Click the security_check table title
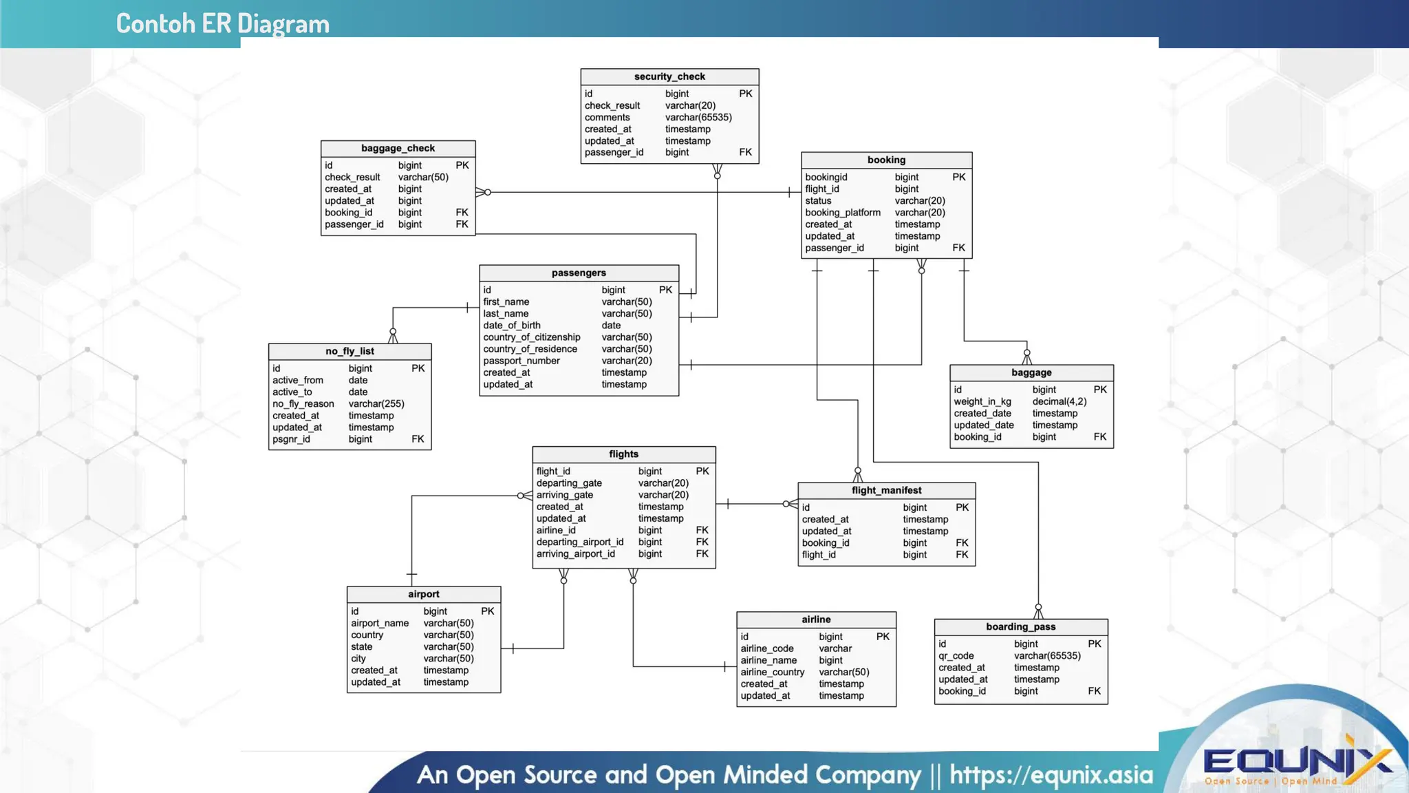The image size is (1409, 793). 669,76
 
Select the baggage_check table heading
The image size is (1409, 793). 398,148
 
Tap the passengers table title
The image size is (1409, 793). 579,273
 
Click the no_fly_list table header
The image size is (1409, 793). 349,351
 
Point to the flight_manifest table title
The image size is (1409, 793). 886,490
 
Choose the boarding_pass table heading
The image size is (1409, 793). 1020,626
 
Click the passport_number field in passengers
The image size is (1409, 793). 521,361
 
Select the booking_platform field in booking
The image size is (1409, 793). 843,213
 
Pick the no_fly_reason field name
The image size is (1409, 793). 303,404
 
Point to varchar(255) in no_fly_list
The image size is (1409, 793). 376,404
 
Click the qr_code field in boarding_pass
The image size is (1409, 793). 956,656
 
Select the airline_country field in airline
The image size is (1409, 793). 773,672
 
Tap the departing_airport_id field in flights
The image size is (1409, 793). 580,542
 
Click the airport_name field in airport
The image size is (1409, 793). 380,623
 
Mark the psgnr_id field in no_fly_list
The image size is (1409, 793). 291,439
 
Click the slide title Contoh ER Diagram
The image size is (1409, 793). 222,24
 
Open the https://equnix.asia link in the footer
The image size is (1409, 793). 1051,775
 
